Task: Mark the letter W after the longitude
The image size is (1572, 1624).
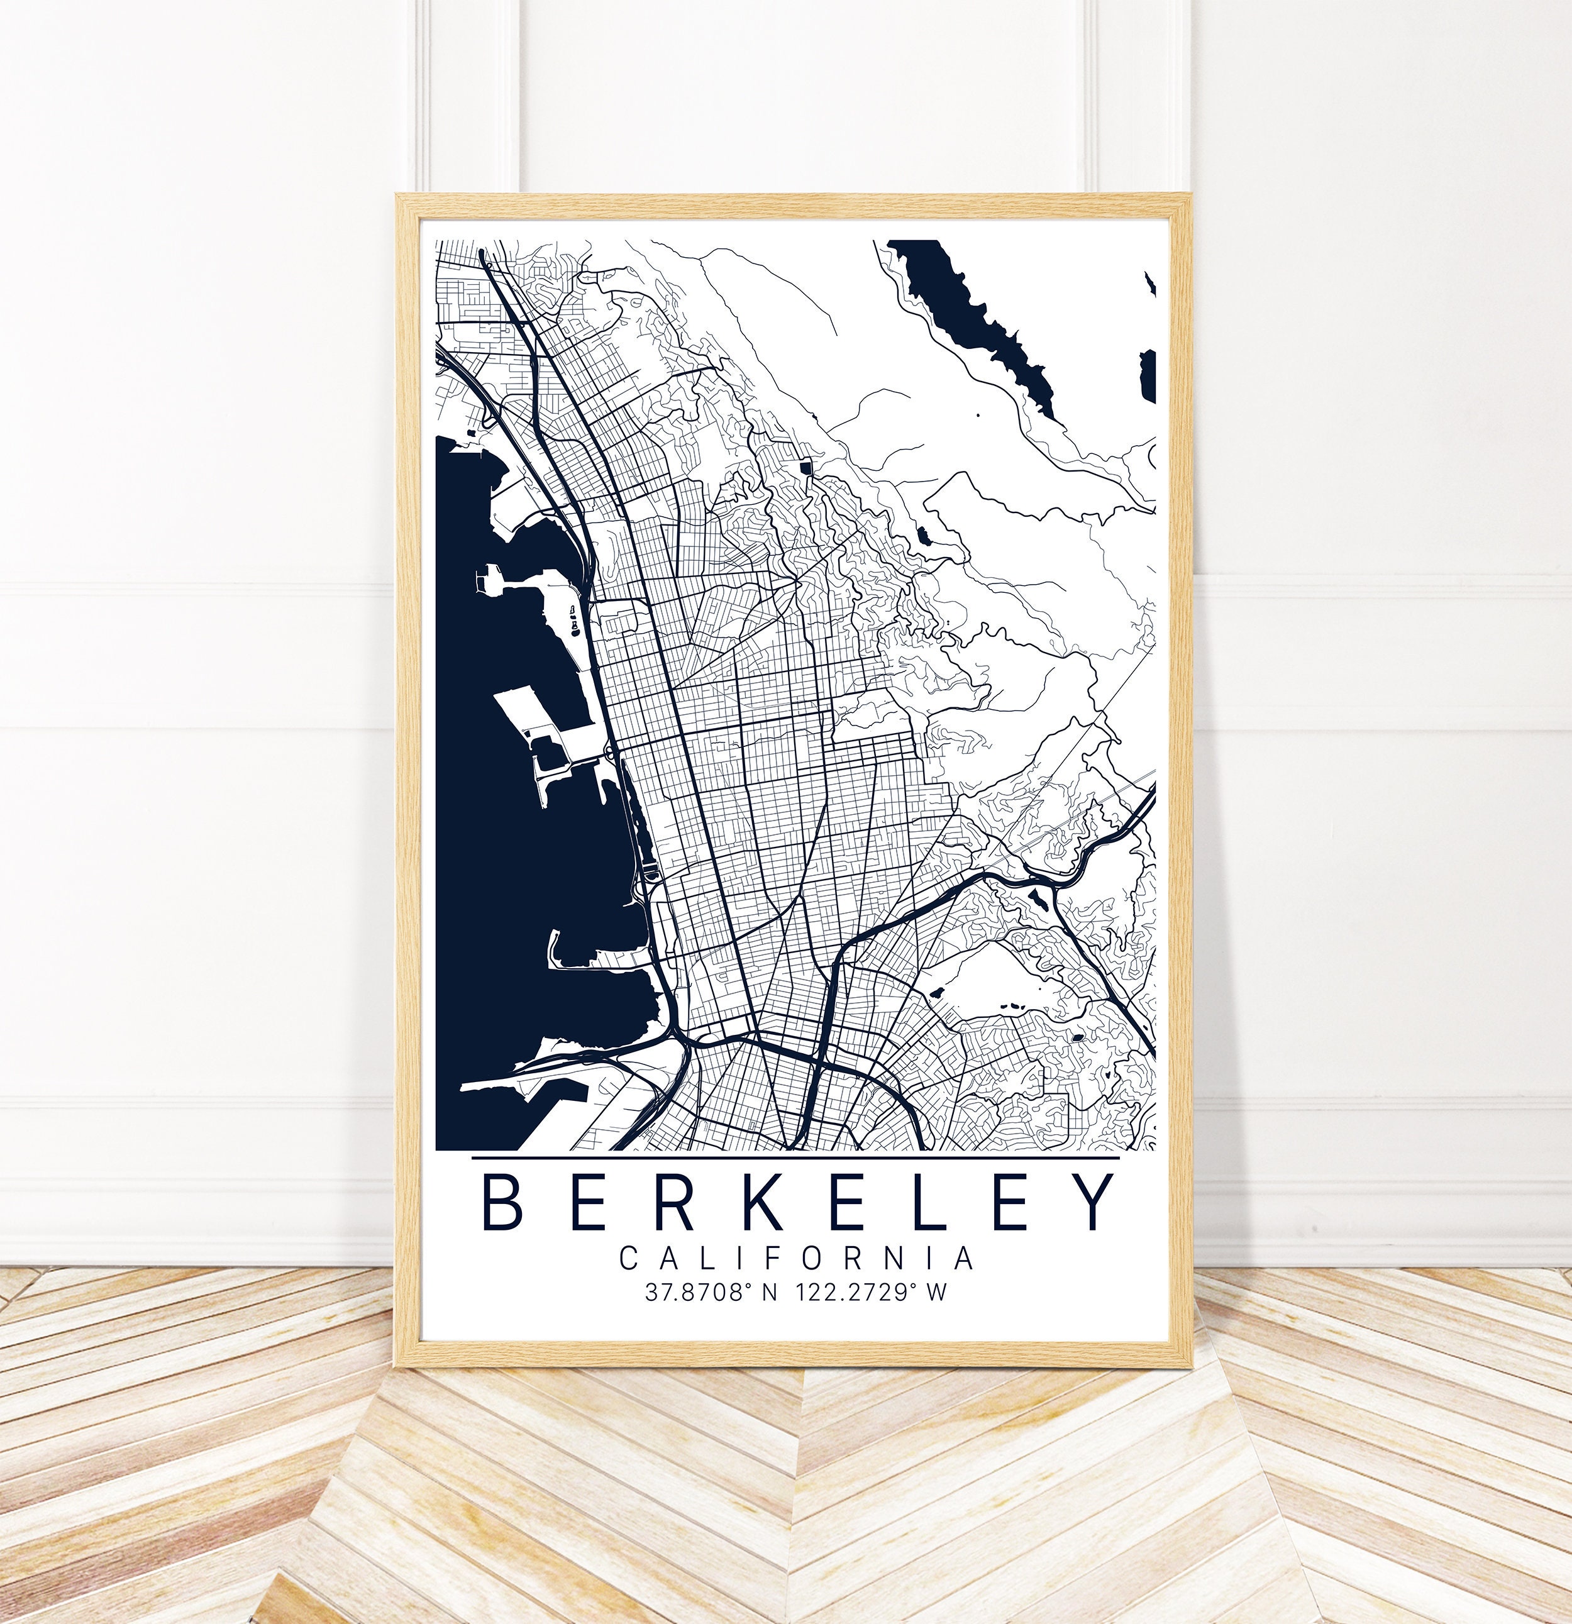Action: [936, 1293]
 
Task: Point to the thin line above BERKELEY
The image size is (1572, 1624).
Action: [795, 1157]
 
